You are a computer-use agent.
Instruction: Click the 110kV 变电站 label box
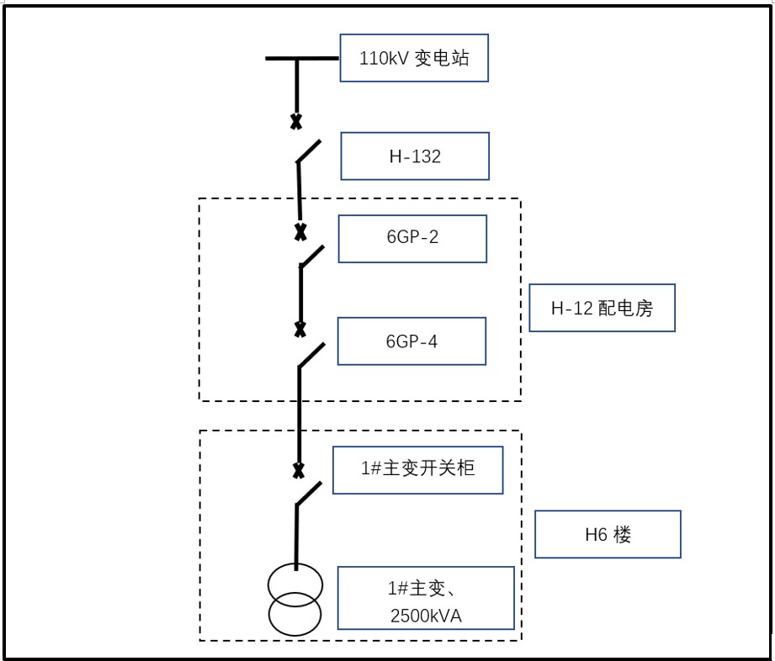[414, 58]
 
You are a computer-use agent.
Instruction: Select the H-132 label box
[414, 156]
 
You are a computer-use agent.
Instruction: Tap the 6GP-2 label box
[411, 238]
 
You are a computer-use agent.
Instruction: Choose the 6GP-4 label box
[411, 341]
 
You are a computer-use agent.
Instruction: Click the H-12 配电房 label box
[602, 308]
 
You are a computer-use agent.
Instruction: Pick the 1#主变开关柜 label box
[417, 469]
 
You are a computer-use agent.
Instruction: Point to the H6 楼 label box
[608, 534]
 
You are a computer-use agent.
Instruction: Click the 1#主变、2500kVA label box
[425, 597]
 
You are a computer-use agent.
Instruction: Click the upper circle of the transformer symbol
[295, 582]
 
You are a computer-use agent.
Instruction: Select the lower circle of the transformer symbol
[295, 614]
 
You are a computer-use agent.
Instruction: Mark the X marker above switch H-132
[296, 122]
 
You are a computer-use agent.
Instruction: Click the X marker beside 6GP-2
[300, 231]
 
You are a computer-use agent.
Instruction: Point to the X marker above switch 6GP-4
[300, 330]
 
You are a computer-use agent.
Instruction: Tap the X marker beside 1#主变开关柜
[297, 469]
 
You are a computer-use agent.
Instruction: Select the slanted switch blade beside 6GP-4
[311, 355]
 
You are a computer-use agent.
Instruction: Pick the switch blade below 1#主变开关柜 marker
[309, 494]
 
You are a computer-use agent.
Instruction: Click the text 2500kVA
[426, 616]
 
